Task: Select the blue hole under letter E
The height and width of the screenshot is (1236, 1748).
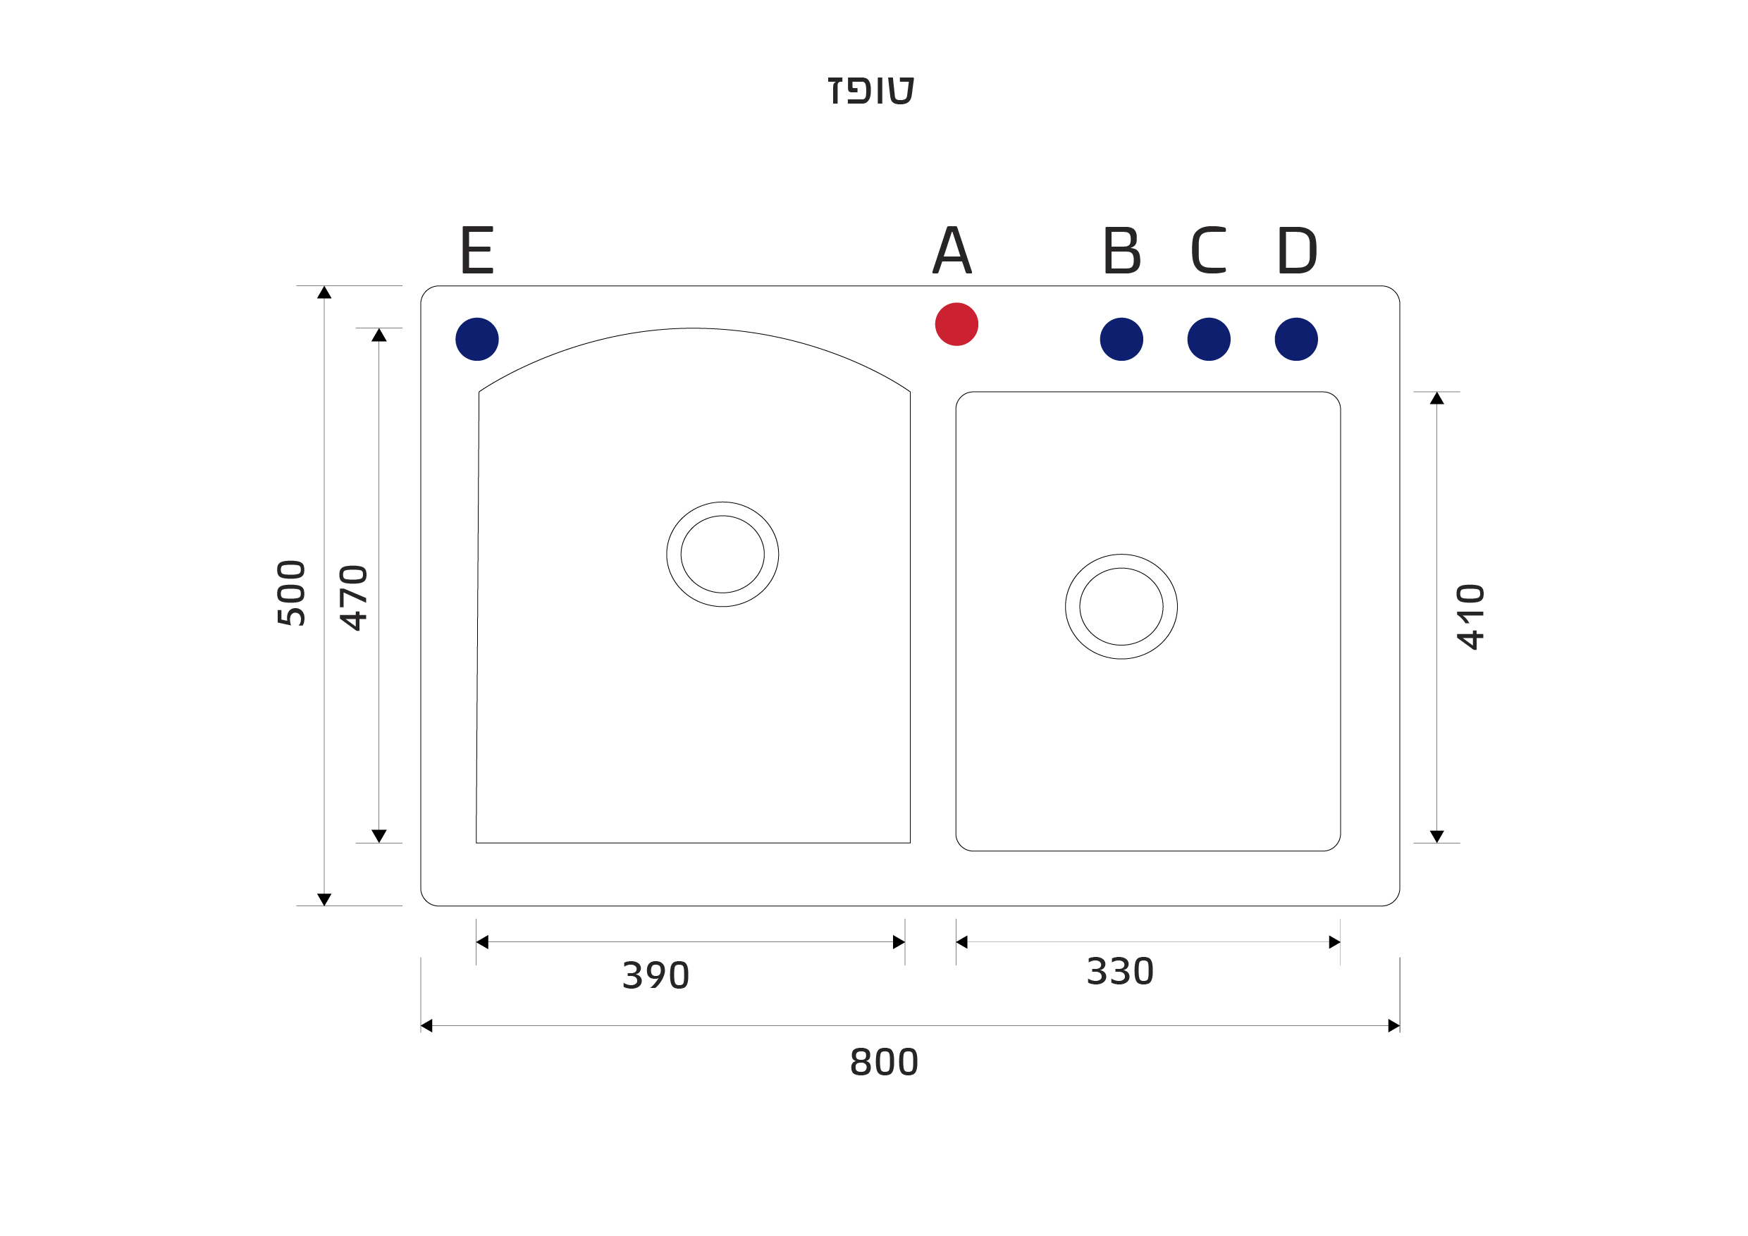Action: [476, 339]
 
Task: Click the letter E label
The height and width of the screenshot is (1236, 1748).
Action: [477, 249]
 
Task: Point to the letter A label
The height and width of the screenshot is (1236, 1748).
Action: [952, 249]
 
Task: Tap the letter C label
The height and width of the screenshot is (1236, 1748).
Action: [1208, 249]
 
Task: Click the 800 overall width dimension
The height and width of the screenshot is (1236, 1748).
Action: [884, 1062]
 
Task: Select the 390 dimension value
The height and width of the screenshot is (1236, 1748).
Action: [655, 976]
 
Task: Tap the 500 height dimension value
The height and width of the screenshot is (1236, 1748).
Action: [292, 593]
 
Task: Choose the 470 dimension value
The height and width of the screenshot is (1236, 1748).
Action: [354, 598]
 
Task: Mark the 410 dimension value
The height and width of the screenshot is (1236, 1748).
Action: [1471, 617]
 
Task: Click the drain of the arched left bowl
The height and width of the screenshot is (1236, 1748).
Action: [722, 554]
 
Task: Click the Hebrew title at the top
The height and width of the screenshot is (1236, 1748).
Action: [872, 89]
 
